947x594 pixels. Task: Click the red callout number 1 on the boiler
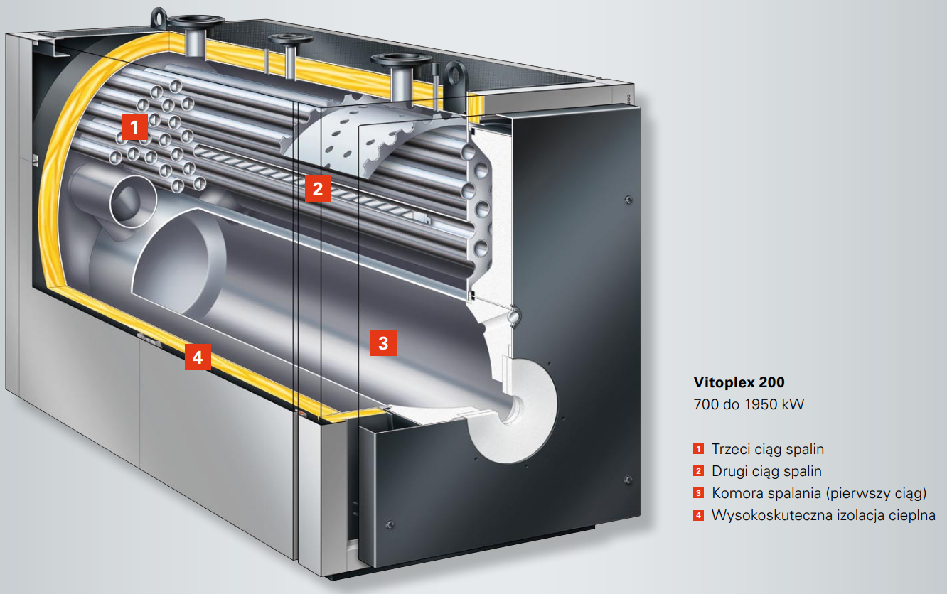point(134,126)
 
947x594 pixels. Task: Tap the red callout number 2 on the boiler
point(318,188)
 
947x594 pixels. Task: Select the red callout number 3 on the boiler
point(383,342)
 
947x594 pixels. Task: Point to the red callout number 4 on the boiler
point(198,357)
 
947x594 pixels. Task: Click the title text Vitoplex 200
point(739,382)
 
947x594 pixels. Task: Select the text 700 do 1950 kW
point(749,404)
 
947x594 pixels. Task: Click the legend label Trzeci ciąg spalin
point(768,449)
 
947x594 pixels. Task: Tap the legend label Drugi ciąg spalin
point(766,471)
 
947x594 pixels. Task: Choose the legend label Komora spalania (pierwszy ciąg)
point(819,493)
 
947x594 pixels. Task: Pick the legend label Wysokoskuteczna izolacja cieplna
point(823,515)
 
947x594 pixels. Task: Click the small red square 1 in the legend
point(698,448)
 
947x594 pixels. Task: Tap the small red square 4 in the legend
point(698,515)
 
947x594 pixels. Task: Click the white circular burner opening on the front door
point(513,410)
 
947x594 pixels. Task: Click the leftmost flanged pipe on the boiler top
point(195,36)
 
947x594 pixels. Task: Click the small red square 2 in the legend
point(698,470)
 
